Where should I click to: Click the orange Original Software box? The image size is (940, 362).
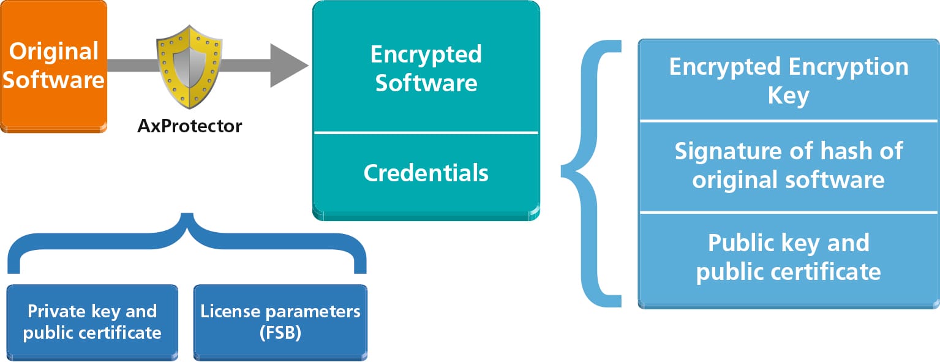click(53, 66)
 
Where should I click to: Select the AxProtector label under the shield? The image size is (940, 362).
click(189, 126)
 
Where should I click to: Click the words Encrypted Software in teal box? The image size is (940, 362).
click(426, 68)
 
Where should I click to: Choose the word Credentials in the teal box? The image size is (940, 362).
click(426, 173)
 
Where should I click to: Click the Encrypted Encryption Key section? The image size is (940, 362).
click(788, 81)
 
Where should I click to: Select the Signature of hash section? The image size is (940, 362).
click(788, 165)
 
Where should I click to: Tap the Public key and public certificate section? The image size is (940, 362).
click(788, 257)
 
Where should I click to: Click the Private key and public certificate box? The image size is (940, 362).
click(92, 322)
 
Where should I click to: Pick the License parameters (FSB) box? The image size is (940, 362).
click(280, 322)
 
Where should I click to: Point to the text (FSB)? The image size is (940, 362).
click(280, 333)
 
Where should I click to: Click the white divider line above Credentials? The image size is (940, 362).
click(426, 132)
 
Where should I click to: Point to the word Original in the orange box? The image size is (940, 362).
click(53, 51)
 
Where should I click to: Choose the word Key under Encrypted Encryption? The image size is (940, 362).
click(788, 96)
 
